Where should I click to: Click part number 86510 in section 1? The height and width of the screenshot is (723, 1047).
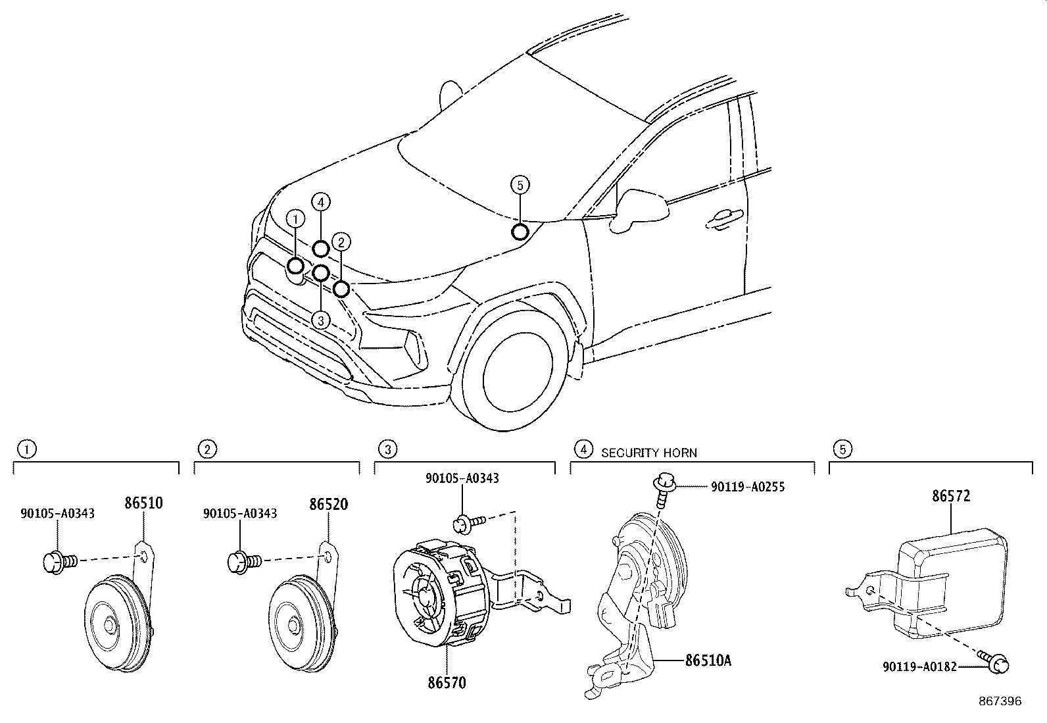click(143, 504)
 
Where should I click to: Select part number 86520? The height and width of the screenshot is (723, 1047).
click(328, 505)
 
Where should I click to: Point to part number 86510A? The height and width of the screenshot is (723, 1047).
click(708, 660)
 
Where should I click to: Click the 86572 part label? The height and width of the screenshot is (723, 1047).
click(950, 496)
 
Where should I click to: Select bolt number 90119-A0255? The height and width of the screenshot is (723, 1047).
click(748, 487)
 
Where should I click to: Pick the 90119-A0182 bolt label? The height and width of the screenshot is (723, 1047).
click(919, 667)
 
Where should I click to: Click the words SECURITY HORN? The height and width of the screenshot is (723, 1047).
click(648, 453)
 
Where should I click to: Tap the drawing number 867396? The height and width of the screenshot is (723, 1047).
click(1000, 702)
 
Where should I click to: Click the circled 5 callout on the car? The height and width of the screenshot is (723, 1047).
click(520, 186)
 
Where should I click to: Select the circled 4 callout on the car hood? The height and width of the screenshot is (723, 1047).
click(321, 202)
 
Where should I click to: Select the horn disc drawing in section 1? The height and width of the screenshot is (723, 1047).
click(117, 622)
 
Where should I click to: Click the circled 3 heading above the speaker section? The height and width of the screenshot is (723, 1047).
click(388, 449)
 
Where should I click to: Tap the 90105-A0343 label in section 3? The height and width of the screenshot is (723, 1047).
click(462, 478)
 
